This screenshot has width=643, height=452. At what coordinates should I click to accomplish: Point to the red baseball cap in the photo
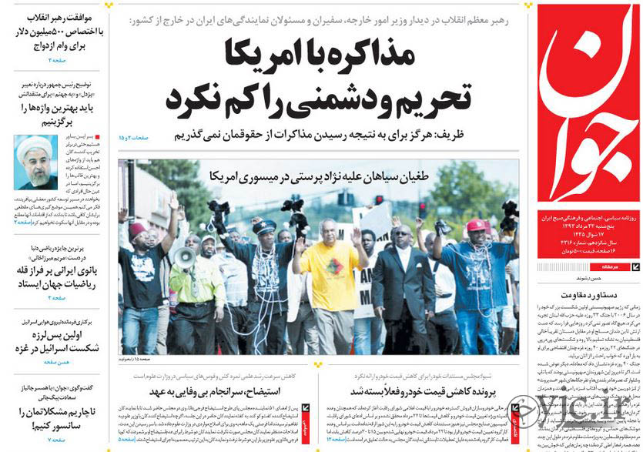tap(477, 225)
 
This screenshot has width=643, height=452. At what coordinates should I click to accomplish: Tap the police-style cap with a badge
tap(264, 226)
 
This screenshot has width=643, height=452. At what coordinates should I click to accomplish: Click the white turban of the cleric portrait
tap(34, 145)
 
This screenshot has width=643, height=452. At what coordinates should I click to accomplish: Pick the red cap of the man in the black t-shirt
tap(139, 229)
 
